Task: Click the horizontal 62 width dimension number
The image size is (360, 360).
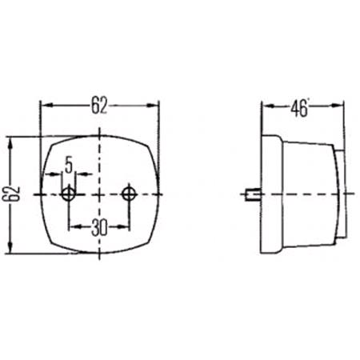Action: (x=99, y=106)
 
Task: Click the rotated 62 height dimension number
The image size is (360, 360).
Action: (x=11, y=194)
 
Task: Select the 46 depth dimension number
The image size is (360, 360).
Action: (x=299, y=108)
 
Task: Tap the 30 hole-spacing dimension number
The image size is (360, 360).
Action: (x=99, y=227)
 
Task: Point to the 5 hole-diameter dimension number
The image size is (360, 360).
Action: (x=69, y=166)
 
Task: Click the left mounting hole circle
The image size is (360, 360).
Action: (x=69, y=194)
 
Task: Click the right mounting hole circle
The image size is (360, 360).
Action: (x=129, y=194)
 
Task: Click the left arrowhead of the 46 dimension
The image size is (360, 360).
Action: (x=267, y=106)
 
